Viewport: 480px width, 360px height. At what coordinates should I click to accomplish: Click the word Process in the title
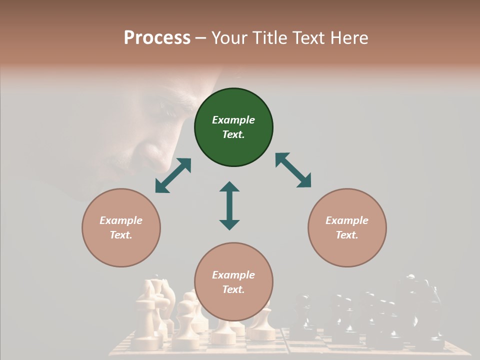(x=157, y=38)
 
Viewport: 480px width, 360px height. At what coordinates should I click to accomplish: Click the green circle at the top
(x=233, y=127)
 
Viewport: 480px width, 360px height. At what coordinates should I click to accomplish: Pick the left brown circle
(x=121, y=227)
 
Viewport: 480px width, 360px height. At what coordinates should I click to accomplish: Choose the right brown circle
(x=347, y=227)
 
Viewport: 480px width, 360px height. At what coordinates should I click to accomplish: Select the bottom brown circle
(x=233, y=281)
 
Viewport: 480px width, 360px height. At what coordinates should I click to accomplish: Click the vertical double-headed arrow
(x=229, y=205)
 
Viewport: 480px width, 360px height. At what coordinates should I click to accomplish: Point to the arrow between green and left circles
(x=173, y=175)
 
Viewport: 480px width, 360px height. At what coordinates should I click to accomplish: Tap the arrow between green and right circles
(x=293, y=170)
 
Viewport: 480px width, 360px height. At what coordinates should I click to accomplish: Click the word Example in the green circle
(x=233, y=120)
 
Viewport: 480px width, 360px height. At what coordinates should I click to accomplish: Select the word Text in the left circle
(x=121, y=235)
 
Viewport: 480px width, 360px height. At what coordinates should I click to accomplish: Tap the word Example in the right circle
(x=347, y=220)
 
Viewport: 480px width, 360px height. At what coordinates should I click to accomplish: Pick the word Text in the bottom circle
(x=233, y=289)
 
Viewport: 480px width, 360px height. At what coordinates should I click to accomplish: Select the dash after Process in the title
(x=201, y=38)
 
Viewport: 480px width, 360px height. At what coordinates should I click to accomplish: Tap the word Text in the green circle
(x=233, y=134)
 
